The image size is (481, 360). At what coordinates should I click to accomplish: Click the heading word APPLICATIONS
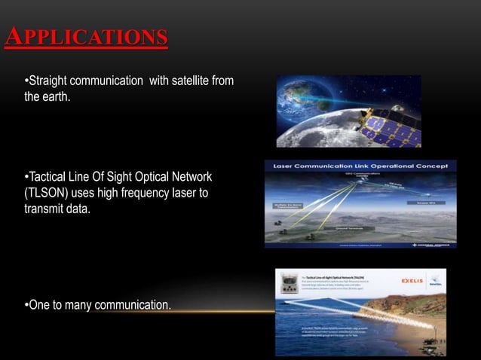86,37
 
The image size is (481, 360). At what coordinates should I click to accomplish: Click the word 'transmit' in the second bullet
47,209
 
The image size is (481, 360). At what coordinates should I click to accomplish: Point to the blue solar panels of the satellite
392,128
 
